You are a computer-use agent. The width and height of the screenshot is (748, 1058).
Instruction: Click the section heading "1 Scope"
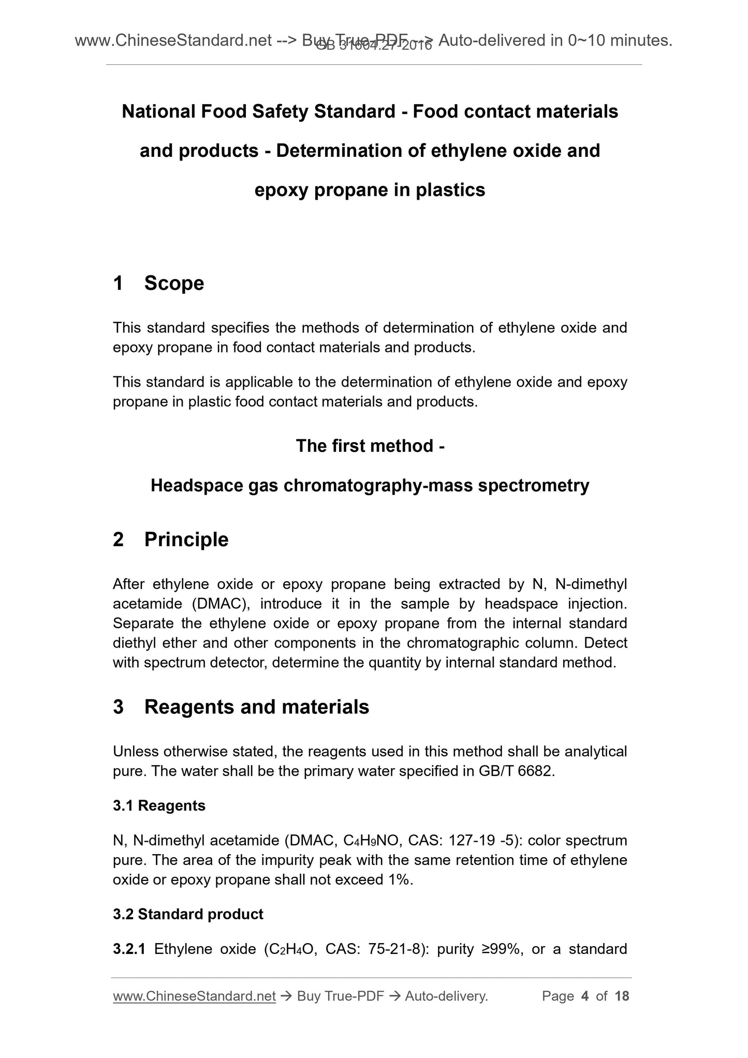click(158, 283)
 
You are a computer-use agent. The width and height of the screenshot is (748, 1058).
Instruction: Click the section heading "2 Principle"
click(170, 539)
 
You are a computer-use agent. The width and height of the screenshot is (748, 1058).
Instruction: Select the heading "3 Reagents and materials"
click(241, 707)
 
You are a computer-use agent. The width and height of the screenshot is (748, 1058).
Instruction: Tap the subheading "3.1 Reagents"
click(159, 806)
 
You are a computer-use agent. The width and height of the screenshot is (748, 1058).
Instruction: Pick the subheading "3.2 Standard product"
click(188, 915)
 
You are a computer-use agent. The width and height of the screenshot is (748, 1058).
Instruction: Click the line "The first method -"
click(370, 446)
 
